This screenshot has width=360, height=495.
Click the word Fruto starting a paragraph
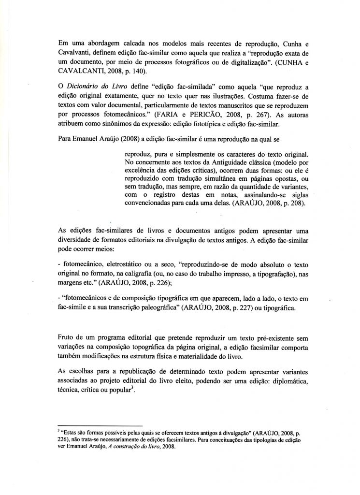click(64, 337)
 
